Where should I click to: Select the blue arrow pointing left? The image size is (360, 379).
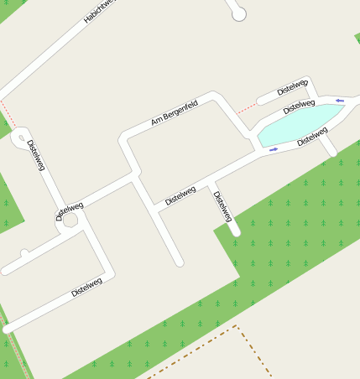tap(340, 101)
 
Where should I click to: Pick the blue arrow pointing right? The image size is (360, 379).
tap(274, 150)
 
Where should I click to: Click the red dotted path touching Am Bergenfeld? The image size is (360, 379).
tap(246, 107)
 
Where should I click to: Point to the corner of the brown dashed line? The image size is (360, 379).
tap(236, 327)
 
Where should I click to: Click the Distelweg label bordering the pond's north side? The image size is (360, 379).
tap(299, 106)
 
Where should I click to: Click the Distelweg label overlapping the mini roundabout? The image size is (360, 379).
tap(69, 210)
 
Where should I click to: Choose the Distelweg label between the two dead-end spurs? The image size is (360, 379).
tap(180, 195)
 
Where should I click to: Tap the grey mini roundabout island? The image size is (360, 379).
tap(70, 221)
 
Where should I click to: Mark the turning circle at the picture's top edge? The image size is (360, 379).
tap(239, 13)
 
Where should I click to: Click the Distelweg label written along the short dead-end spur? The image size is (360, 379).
tap(222, 206)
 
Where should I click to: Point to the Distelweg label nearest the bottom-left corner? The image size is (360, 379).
tap(86, 287)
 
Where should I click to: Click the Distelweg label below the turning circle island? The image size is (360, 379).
tap(36, 155)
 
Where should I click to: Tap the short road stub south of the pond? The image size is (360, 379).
tap(328, 147)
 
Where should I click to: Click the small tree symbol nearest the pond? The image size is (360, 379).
tap(305, 181)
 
